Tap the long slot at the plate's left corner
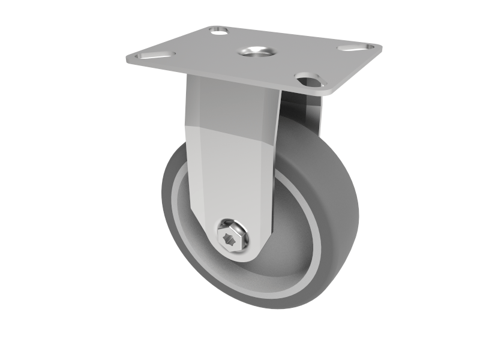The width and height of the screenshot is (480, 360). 155,56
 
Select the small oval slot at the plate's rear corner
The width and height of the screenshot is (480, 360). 220,29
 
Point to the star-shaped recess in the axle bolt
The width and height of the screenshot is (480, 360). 230,239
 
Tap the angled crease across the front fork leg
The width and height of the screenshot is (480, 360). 231,135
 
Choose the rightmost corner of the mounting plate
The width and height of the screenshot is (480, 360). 380,46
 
